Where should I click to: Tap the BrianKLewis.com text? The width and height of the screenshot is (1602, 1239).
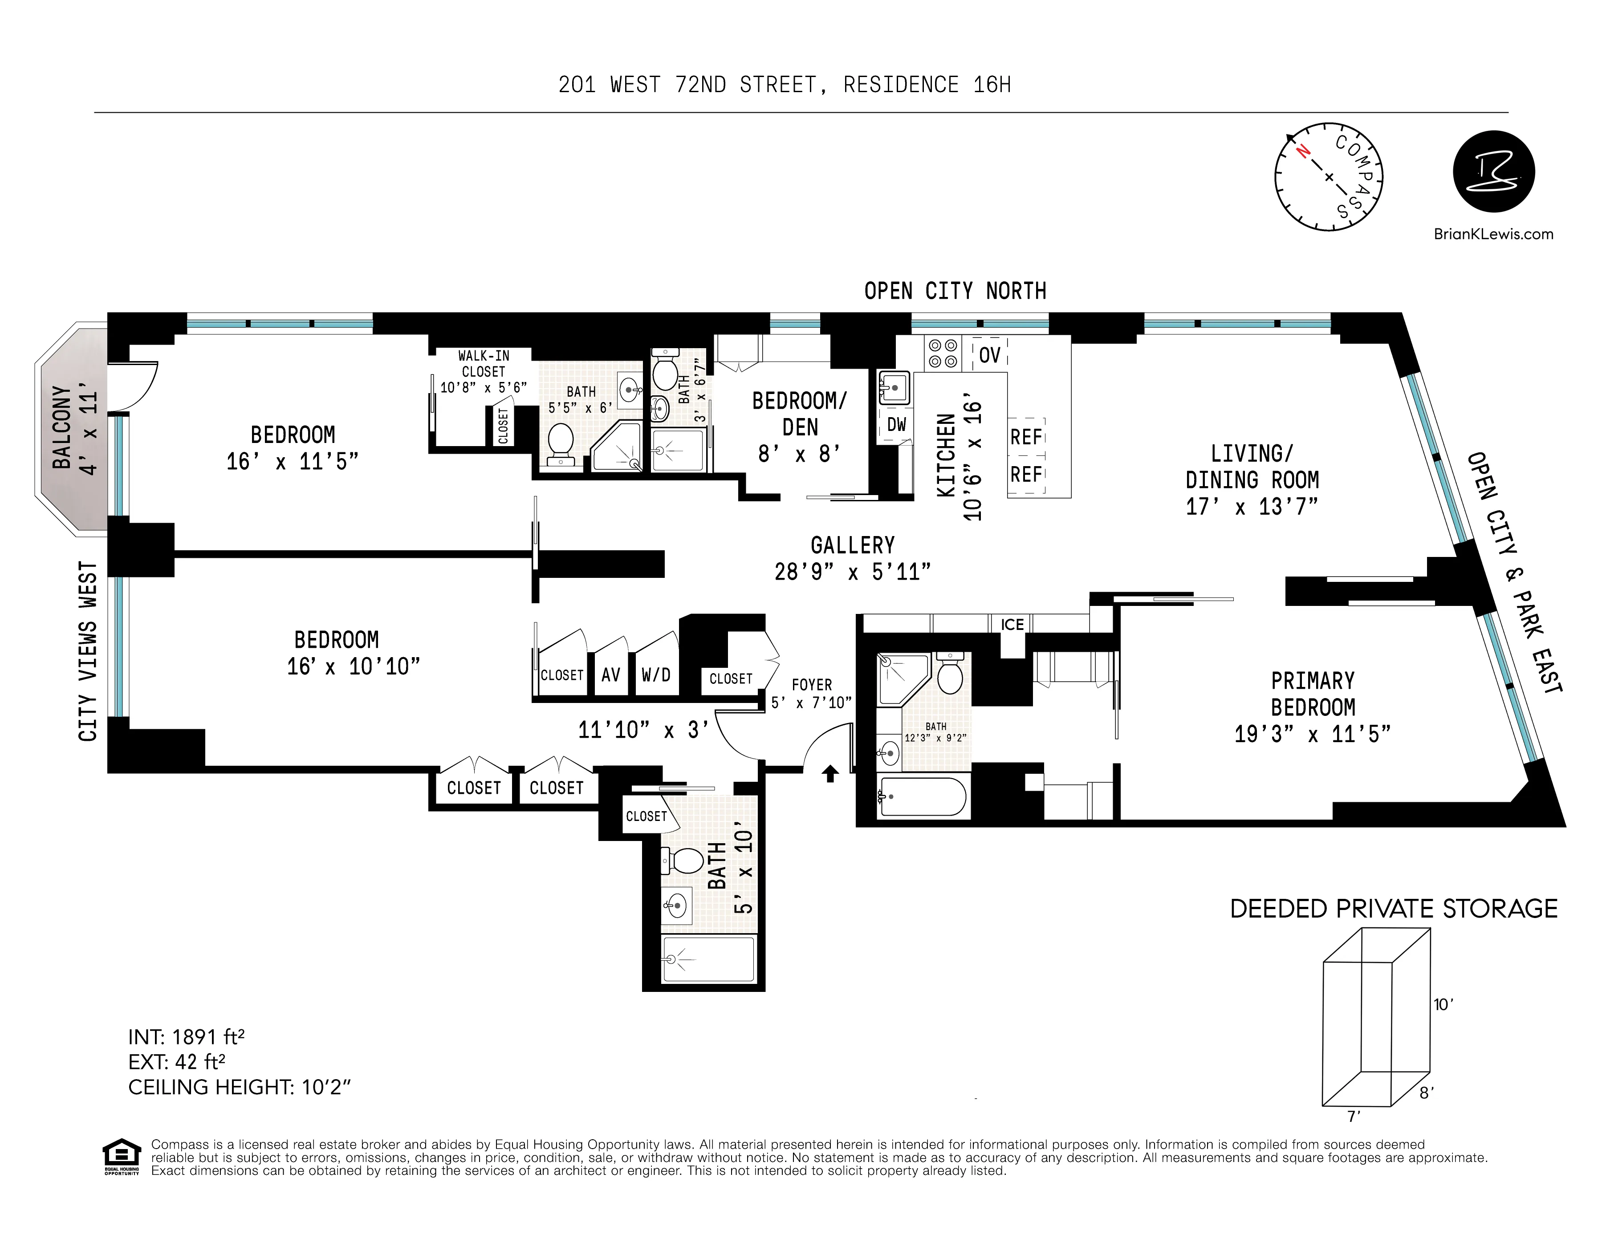pyautogui.click(x=1493, y=234)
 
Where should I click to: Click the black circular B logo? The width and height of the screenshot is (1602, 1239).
pyautogui.click(x=1493, y=172)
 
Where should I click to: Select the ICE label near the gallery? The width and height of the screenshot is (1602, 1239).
pyautogui.click(x=1012, y=624)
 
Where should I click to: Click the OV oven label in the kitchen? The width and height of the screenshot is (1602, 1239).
pyautogui.click(x=989, y=355)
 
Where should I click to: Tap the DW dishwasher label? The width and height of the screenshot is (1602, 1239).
pyautogui.click(x=896, y=424)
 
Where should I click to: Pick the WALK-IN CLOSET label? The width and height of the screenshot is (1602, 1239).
pyautogui.click(x=484, y=363)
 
